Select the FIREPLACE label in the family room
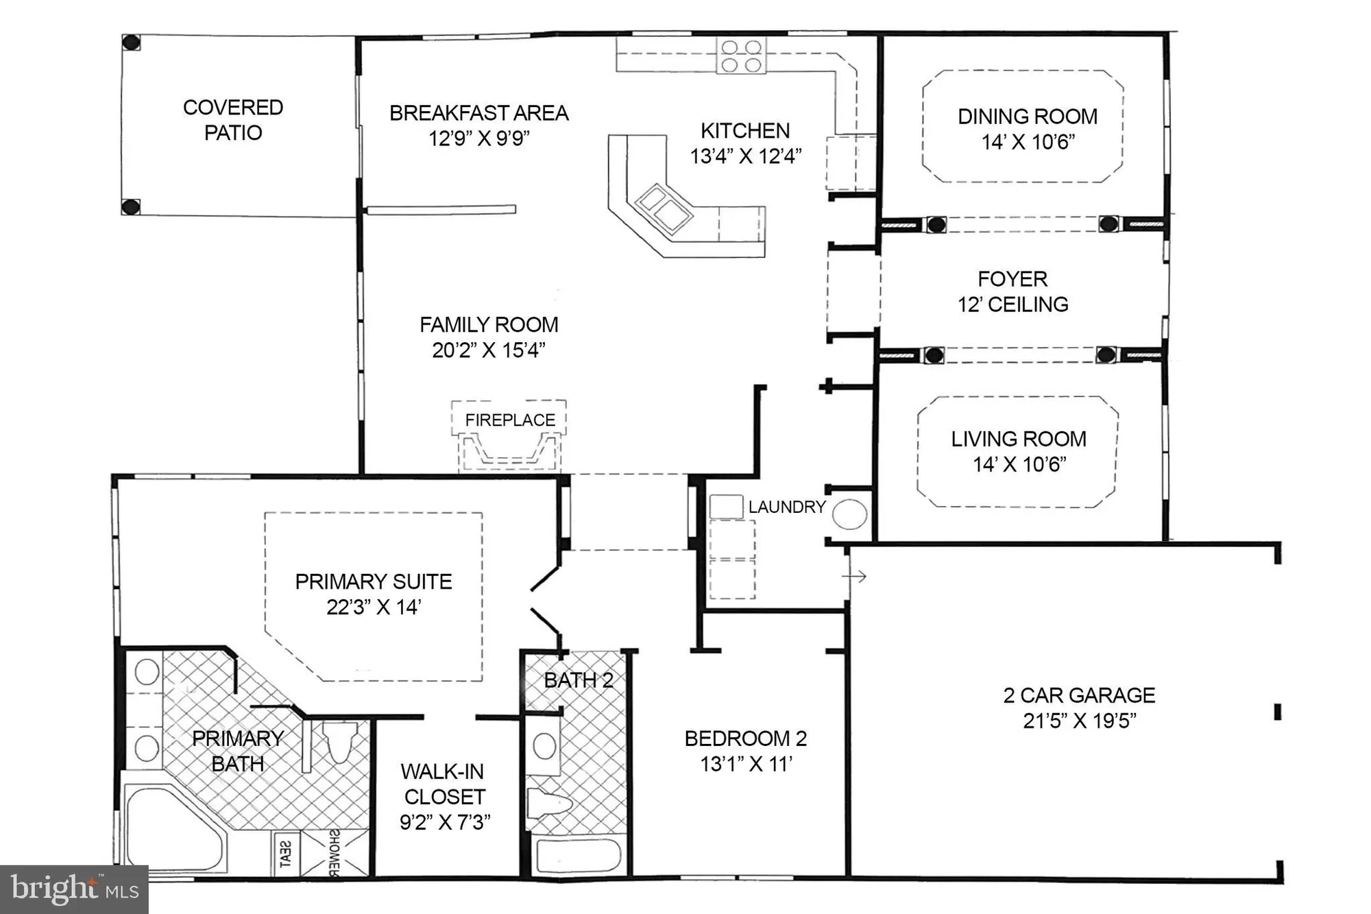(x=510, y=420)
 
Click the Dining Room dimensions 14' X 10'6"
(x=1028, y=142)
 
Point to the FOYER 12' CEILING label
(x=1012, y=291)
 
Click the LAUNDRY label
(x=786, y=507)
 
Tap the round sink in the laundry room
(x=849, y=514)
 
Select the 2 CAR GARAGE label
(x=1079, y=695)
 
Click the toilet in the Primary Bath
(x=339, y=741)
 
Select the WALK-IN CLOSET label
(x=444, y=784)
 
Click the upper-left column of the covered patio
(x=131, y=43)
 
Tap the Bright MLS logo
(x=74, y=889)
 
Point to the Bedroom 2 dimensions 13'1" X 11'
(x=746, y=764)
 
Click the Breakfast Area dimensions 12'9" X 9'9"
(x=479, y=139)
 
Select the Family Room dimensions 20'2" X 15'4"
(x=488, y=350)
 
